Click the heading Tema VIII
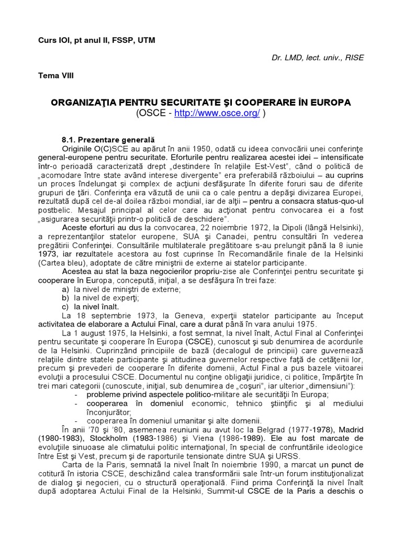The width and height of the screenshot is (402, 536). pyautogui.click(x=55, y=75)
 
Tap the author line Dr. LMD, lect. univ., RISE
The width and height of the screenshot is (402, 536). pyautogui.click(x=318, y=58)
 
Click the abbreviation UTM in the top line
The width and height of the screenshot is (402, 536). pyautogui.click(x=146, y=40)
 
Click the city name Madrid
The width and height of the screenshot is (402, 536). pyautogui.click(x=350, y=430)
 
